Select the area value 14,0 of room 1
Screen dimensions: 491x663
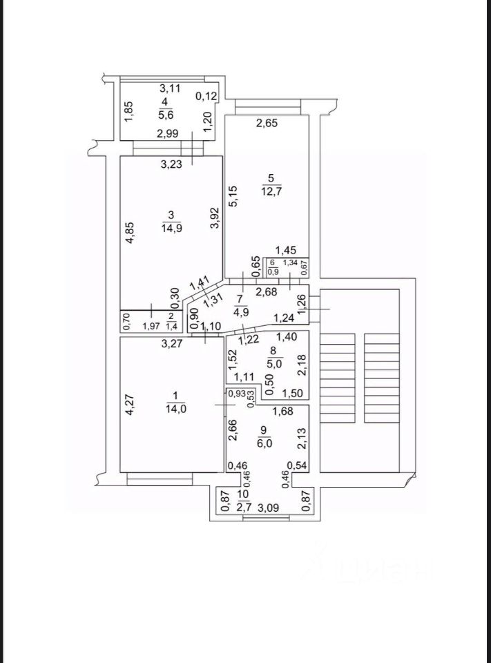click(x=175, y=407)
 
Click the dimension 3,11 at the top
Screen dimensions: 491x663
click(x=169, y=88)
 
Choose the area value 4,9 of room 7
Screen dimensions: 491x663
click(x=240, y=311)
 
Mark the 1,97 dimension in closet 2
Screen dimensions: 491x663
click(x=151, y=326)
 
